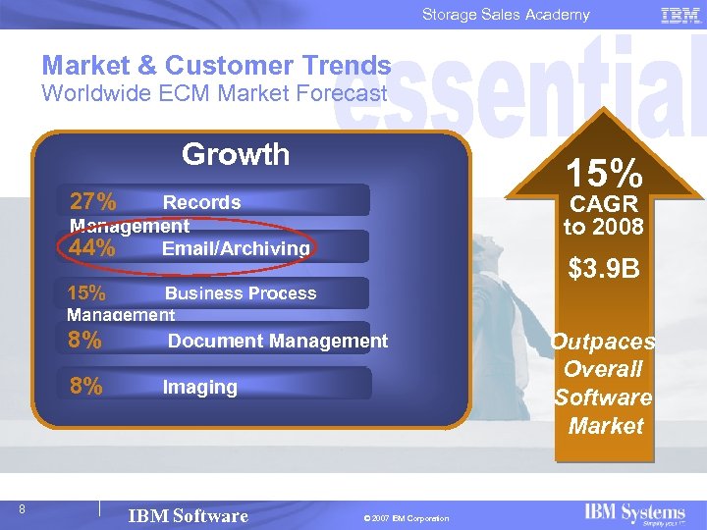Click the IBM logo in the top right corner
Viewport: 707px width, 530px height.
click(x=680, y=15)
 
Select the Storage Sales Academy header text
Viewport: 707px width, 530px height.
click(x=506, y=15)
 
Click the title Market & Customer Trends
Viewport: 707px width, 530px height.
click(x=216, y=66)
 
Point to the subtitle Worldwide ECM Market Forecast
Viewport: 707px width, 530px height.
click(x=214, y=93)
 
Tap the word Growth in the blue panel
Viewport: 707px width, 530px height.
click(x=236, y=154)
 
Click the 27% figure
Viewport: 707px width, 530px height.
click(x=93, y=202)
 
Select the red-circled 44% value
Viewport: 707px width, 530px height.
click(x=92, y=248)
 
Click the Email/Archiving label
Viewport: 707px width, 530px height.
click(x=236, y=249)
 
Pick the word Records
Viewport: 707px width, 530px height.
click(x=201, y=202)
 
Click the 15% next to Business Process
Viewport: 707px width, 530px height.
click(x=86, y=292)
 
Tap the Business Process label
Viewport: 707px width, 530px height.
click(x=241, y=293)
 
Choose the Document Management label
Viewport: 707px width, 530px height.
click(x=278, y=341)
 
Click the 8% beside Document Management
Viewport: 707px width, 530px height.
click(x=86, y=341)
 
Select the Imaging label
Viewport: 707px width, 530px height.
click(x=199, y=388)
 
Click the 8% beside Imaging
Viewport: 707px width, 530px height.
click(x=86, y=387)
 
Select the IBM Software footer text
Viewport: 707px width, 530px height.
click(x=189, y=516)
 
